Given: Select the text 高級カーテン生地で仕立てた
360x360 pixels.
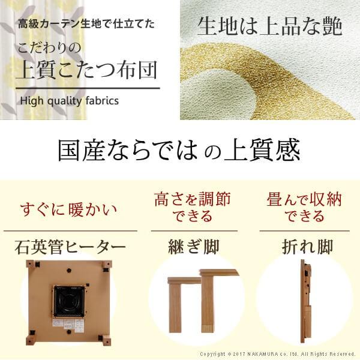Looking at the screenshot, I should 86,25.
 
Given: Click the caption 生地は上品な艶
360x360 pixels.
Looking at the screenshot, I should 269,27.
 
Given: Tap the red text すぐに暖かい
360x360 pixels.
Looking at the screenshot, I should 68,210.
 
